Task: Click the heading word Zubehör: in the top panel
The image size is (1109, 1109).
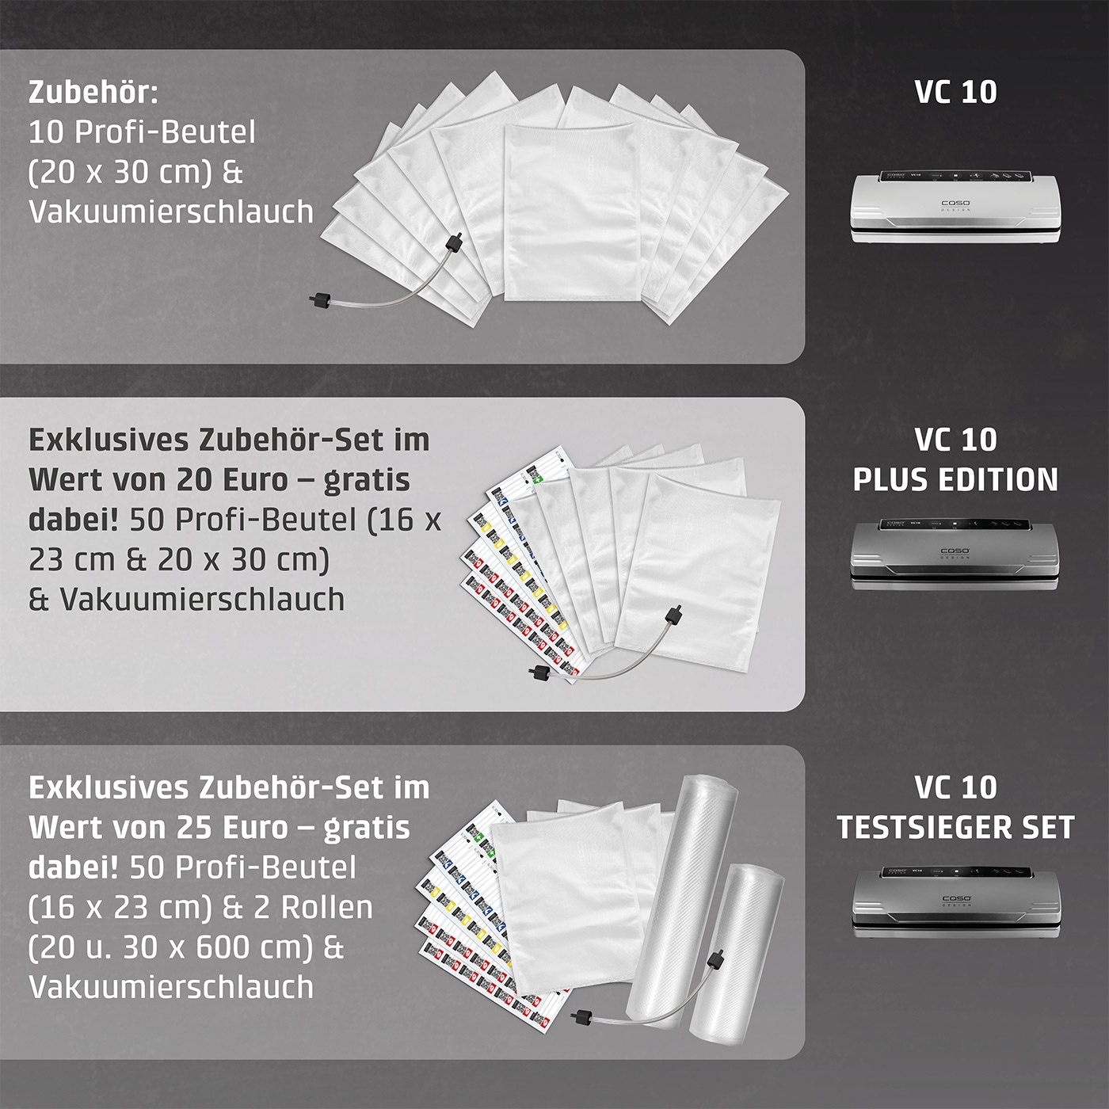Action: point(93,92)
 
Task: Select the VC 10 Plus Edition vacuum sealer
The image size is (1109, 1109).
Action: point(955,554)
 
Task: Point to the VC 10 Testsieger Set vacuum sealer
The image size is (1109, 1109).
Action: point(955,902)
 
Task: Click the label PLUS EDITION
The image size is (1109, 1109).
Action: point(955,479)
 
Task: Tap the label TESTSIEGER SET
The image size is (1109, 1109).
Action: point(955,828)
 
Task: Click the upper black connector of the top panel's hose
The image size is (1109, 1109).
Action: point(454,241)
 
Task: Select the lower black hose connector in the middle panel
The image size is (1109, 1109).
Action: point(539,673)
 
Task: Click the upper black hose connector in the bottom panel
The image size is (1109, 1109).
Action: point(718,959)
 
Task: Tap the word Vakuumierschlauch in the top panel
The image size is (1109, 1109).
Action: point(171,212)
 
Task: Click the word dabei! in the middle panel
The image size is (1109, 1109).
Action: point(74,520)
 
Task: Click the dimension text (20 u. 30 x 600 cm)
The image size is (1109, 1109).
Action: point(171,947)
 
